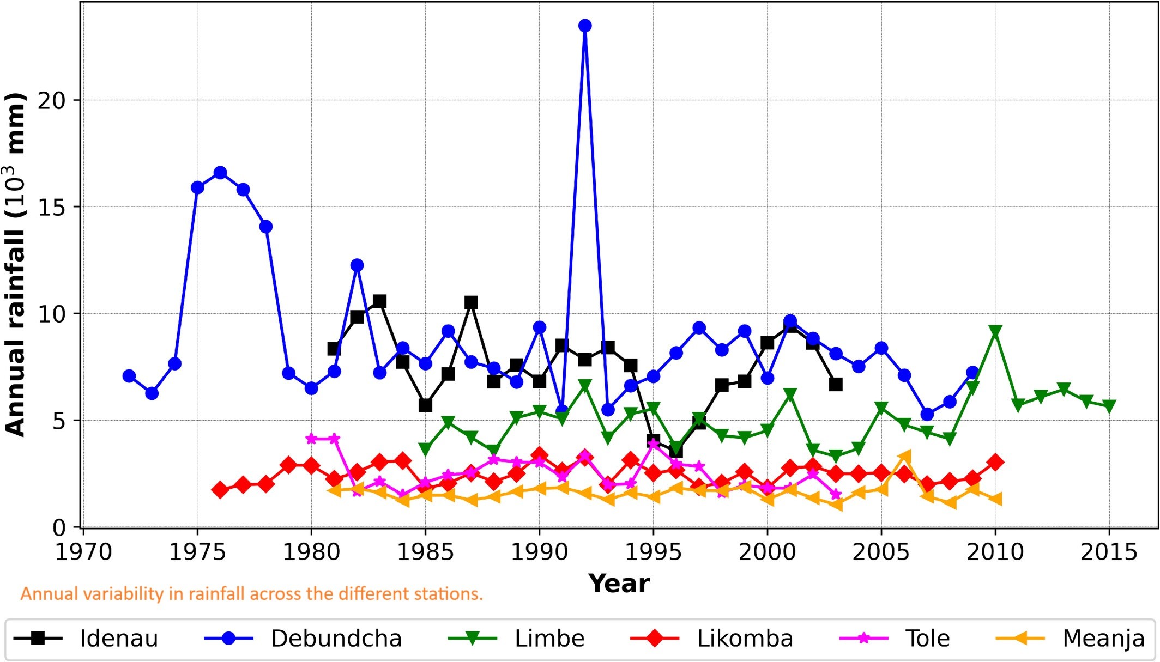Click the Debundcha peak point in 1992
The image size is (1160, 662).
(x=585, y=26)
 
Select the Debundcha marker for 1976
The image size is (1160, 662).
(x=220, y=173)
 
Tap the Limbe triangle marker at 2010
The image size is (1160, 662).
(x=995, y=332)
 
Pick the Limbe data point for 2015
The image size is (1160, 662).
(x=1109, y=406)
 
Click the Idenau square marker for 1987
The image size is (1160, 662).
(x=471, y=302)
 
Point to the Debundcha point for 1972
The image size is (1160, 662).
(x=129, y=376)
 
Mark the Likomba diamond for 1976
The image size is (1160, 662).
(x=220, y=490)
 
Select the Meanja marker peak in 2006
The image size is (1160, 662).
(x=904, y=456)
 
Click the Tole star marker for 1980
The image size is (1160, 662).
(x=311, y=439)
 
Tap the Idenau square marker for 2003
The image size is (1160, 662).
(x=836, y=385)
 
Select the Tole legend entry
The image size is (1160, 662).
(x=895, y=639)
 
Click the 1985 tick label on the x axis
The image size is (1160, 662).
(x=425, y=552)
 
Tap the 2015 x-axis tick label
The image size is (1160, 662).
(x=1109, y=552)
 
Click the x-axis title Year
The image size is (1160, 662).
(x=619, y=584)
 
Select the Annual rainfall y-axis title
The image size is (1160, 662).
(x=15, y=264)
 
